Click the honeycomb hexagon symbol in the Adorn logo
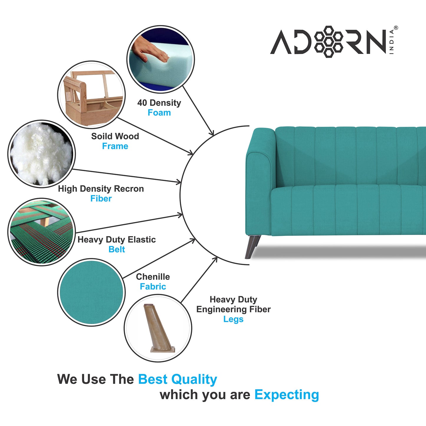pyautogui.click(x=328, y=42)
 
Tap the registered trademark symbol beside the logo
pyautogui.click(x=396, y=28)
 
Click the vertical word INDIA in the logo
pyautogui.click(x=392, y=42)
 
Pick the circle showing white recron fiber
pyautogui.click(x=42, y=154)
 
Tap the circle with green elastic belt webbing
pyautogui.click(x=41, y=232)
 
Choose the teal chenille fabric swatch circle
pyautogui.click(x=91, y=292)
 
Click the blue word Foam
pyautogui.click(x=159, y=113)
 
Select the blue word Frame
pyautogui.click(x=115, y=146)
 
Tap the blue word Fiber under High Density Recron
pyautogui.click(x=101, y=198)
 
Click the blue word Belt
pyautogui.click(x=117, y=249)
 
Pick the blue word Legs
pyautogui.click(x=233, y=319)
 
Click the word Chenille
pyautogui.click(x=153, y=277)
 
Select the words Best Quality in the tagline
pyautogui.click(x=177, y=379)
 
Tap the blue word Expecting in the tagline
pyautogui.click(x=287, y=394)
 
